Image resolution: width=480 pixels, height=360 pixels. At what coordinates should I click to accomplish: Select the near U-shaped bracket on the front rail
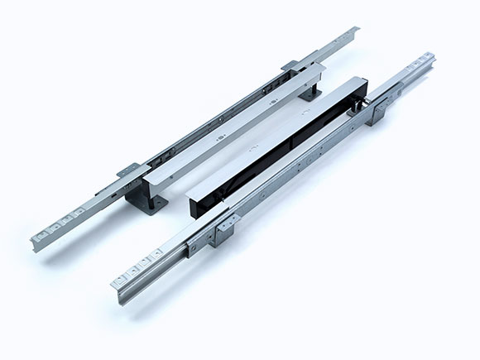222,233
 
